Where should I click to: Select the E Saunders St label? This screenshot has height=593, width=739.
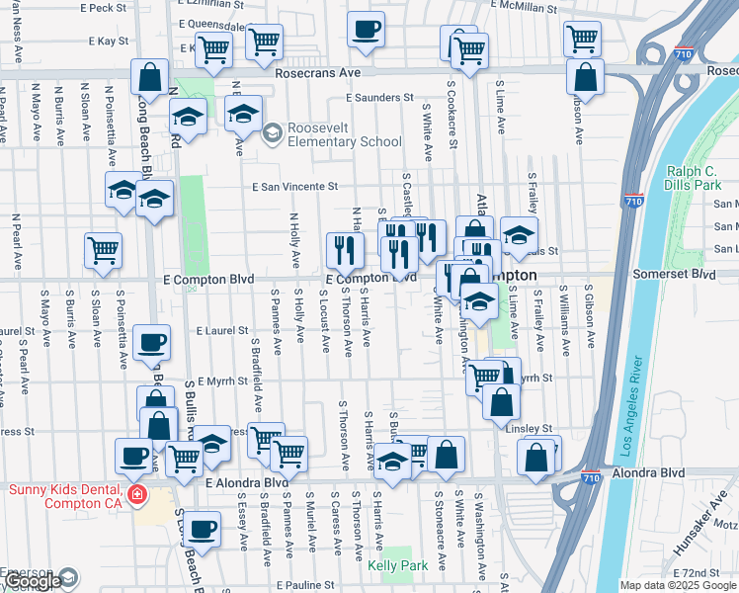(x=379, y=98)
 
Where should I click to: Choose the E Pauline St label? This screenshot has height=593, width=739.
(x=314, y=585)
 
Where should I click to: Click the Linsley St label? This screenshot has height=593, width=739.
(x=532, y=428)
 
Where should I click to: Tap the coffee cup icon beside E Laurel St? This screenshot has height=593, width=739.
(x=151, y=343)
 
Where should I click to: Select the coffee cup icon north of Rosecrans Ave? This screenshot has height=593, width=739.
(x=367, y=29)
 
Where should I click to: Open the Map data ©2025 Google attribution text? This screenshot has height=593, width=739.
(x=678, y=585)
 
